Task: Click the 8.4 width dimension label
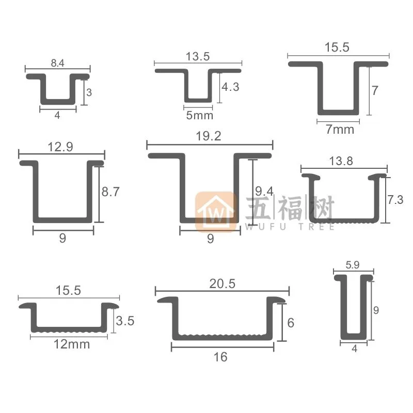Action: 57,64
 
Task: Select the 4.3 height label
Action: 230,87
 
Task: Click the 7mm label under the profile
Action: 341,129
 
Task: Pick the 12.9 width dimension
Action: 60,147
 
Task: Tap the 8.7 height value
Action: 110,192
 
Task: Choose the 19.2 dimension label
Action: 209,137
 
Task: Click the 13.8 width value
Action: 341,161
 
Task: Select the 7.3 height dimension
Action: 395,199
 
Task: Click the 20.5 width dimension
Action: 222,283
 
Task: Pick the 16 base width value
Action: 220,357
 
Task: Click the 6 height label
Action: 291,323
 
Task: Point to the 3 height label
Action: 89,93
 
